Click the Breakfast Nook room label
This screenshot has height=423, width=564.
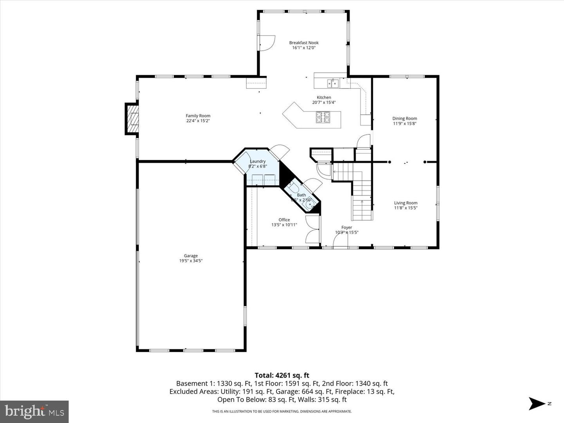304,43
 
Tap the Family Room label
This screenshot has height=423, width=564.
198,116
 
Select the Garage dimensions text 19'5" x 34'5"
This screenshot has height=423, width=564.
191,261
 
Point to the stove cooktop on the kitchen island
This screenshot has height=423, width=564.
323,117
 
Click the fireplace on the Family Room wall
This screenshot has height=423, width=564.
132,119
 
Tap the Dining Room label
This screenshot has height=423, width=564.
405,118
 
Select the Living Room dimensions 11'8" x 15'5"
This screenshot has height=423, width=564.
405,208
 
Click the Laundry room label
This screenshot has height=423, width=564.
258,161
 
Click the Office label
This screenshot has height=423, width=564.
284,220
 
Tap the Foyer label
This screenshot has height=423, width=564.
347,227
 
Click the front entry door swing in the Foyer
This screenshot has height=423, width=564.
340,241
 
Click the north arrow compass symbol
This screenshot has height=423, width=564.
537,403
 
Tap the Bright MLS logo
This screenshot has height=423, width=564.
34,412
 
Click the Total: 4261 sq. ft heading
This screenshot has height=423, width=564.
282,375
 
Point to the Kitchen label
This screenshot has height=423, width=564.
324,98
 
